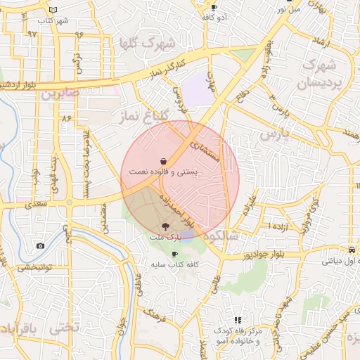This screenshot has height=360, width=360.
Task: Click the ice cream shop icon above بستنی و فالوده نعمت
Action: tap(163, 160)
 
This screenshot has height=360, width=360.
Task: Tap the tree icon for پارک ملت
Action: tap(165, 226)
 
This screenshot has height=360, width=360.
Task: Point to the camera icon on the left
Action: tap(40, 245)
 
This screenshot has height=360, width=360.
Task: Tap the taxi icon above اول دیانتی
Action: tap(351, 250)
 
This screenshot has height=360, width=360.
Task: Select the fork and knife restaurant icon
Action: tap(238, 321)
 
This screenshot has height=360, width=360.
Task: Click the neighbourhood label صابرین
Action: tap(58, 92)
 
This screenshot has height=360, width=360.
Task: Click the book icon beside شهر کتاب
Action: tap(54, 10)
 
